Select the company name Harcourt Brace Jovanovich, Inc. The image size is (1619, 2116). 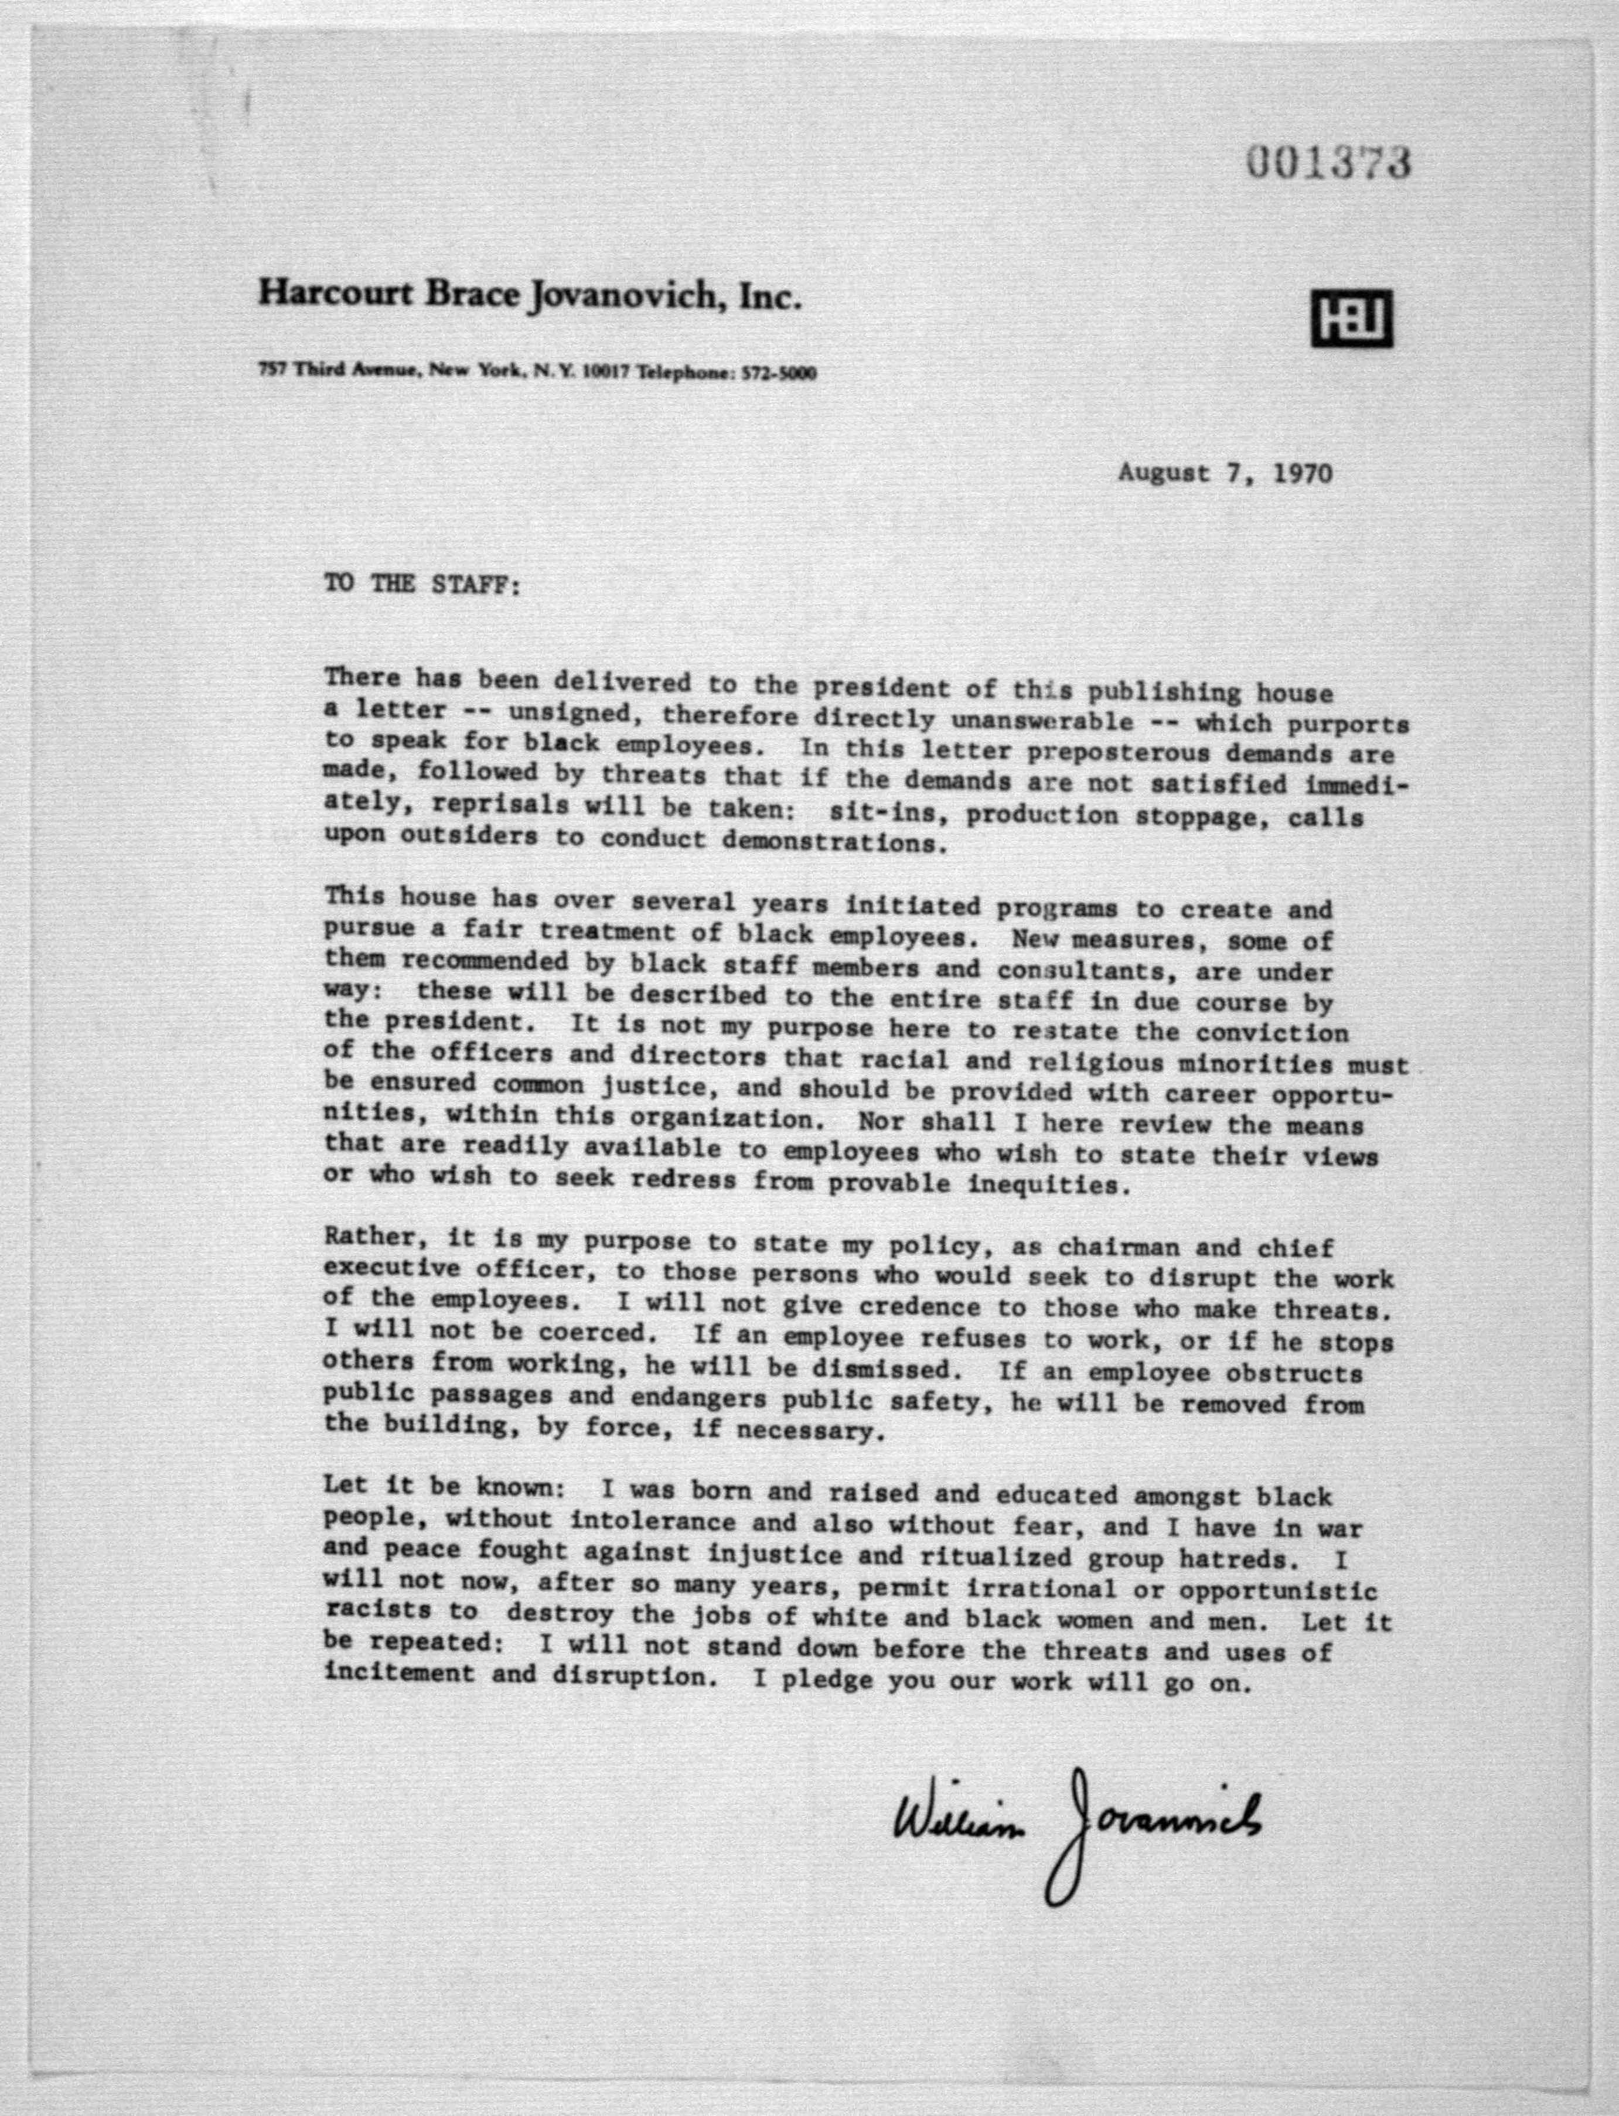529,296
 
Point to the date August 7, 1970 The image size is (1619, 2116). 1225,473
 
